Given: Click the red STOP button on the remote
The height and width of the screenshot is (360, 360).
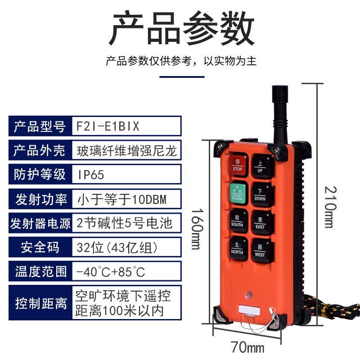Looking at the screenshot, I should pyautogui.click(x=237, y=165).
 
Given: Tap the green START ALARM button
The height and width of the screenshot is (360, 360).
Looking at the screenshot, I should pyautogui.click(x=237, y=192).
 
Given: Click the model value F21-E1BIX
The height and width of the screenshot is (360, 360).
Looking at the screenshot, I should pyautogui.click(x=108, y=126).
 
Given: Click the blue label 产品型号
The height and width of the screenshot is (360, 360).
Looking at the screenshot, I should pyautogui.click(x=40, y=126).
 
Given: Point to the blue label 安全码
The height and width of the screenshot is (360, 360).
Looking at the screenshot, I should pyautogui.click(x=40, y=247).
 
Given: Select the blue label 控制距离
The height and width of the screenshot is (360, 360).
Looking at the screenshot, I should pyautogui.click(x=40, y=302).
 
